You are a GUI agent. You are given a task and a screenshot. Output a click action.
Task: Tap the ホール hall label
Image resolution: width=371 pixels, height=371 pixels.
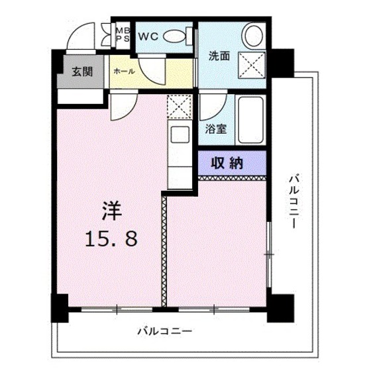(x=124, y=71)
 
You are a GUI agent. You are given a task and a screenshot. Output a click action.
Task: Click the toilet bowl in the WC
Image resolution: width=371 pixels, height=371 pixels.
(x=176, y=37)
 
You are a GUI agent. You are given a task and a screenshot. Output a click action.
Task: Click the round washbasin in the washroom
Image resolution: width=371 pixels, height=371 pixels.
(x=252, y=34)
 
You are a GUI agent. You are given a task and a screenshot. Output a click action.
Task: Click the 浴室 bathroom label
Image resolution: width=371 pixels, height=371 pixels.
(x=217, y=130)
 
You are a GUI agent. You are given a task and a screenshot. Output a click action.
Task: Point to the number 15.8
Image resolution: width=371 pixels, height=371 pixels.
(x=111, y=238)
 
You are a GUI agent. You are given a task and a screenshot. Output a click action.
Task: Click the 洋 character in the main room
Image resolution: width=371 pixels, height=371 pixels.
(x=111, y=211)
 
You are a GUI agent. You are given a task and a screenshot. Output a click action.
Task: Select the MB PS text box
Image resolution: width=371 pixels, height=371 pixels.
(x=123, y=33)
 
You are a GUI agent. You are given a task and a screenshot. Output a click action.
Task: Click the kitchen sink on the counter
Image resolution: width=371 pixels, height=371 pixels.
(x=180, y=134)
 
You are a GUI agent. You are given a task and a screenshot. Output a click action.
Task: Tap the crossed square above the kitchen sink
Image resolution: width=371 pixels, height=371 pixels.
(x=179, y=107)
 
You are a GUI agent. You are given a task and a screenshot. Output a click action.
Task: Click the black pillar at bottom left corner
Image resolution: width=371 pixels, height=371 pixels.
(x=60, y=305)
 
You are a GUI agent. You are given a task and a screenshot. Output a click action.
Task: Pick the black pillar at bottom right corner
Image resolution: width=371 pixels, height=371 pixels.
(x=284, y=306)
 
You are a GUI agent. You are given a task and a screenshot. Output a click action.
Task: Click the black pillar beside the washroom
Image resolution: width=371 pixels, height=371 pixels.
(x=282, y=63)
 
